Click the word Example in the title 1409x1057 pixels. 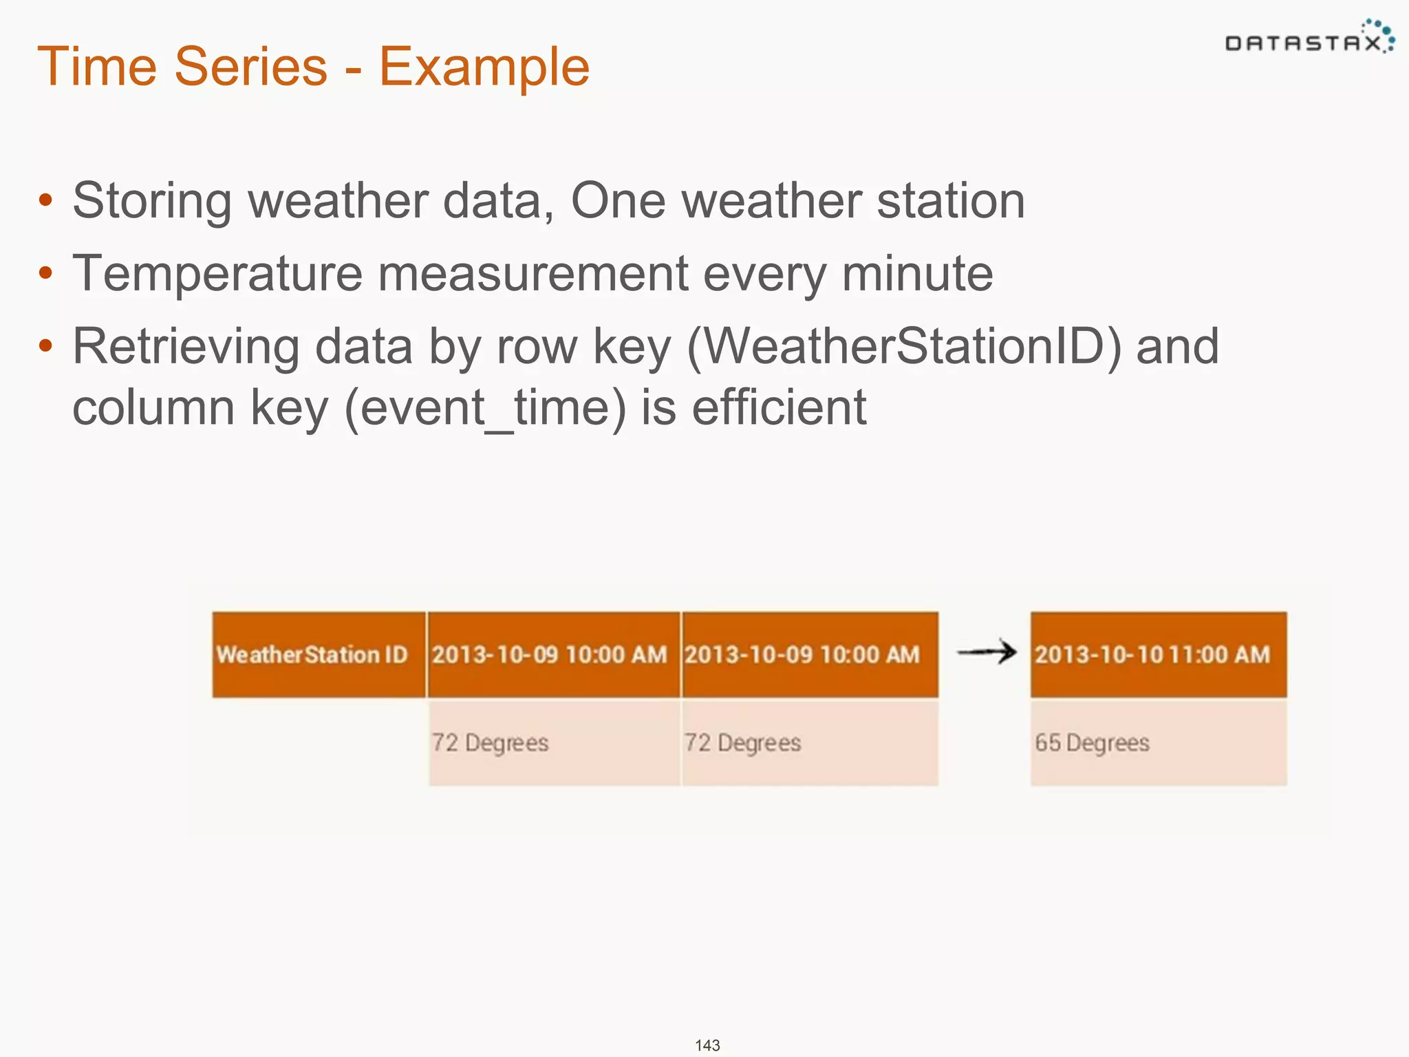pos(484,67)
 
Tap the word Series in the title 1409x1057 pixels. pos(250,67)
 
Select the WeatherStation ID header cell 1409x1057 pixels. pos(318,654)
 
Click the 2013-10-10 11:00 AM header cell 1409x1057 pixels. pos(1158,654)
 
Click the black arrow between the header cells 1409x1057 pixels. pos(986,652)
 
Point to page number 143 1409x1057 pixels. pos(707,1045)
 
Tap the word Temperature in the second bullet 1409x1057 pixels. pos(217,274)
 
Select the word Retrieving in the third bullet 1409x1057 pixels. pos(186,347)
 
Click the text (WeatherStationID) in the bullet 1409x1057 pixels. pos(904,347)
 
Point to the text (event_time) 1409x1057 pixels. pos(485,408)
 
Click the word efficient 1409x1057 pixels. pos(778,408)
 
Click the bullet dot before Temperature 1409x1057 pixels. pos(45,273)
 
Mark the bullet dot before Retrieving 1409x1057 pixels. pos(45,345)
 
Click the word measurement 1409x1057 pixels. pos(533,274)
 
